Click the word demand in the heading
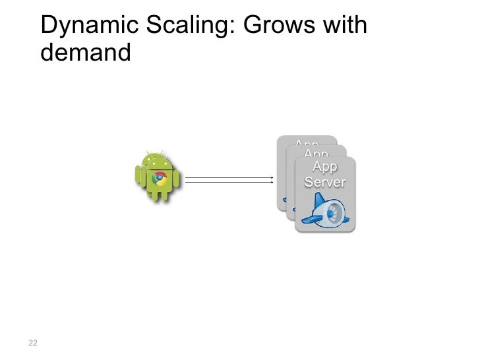(x=86, y=52)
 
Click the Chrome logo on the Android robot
(x=158, y=178)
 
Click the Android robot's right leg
(x=165, y=195)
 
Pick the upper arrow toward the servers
(x=229, y=177)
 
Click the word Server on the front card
(x=324, y=181)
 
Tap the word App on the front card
(x=324, y=166)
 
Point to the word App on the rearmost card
(x=307, y=143)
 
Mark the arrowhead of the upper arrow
(x=272, y=177)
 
